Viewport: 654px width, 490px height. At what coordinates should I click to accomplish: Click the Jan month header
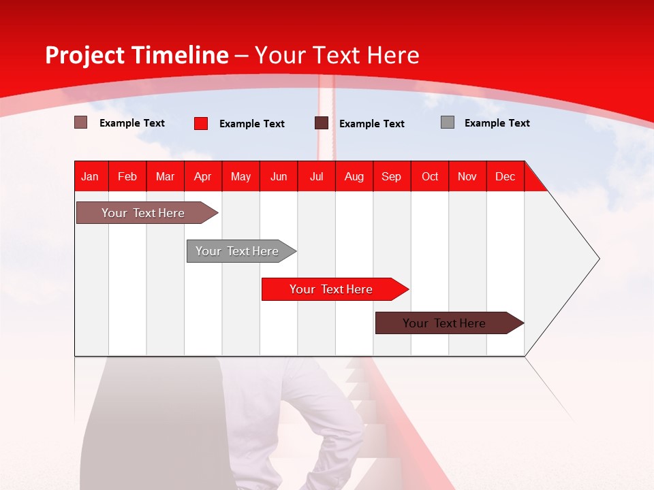(x=90, y=176)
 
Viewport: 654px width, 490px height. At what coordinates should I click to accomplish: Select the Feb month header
(x=127, y=176)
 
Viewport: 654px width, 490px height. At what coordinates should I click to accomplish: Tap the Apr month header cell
(x=203, y=176)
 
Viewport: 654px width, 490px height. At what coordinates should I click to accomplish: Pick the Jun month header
(x=279, y=176)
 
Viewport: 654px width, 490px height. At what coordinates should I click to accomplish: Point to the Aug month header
(x=354, y=176)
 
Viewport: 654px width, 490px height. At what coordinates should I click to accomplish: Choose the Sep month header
(x=392, y=176)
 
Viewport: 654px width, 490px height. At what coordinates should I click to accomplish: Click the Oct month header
(x=430, y=176)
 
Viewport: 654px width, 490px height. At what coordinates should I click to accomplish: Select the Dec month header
(x=505, y=176)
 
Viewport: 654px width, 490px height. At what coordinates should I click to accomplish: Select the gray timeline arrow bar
(x=238, y=251)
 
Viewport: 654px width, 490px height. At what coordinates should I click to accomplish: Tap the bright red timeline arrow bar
(x=332, y=289)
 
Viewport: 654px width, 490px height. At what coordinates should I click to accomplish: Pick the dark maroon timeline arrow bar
(x=446, y=323)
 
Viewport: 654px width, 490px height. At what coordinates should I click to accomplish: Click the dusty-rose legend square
(x=81, y=122)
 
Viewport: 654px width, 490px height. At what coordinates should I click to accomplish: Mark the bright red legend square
(x=201, y=123)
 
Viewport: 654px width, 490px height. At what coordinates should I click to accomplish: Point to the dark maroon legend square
(x=322, y=123)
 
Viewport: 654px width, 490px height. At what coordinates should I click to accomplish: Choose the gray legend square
(x=448, y=122)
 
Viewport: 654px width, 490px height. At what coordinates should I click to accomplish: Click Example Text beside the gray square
(x=497, y=123)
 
